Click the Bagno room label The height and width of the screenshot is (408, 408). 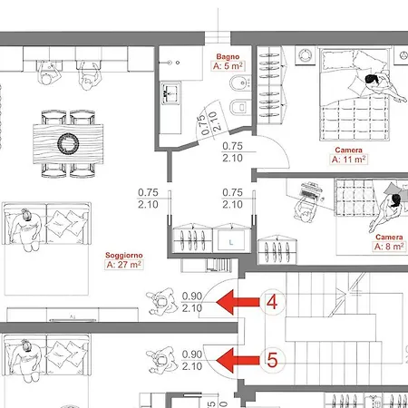228,56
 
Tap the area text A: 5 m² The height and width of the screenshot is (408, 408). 228,66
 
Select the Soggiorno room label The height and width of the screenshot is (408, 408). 124,256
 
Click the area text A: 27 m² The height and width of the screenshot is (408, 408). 124,265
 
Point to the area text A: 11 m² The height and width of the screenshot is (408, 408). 348,160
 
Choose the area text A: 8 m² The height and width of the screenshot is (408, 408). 389,247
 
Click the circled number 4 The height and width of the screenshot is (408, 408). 272,302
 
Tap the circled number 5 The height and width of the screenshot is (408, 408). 272,360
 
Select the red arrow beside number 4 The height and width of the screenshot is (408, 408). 238,302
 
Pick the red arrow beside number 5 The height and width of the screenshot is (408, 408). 238,360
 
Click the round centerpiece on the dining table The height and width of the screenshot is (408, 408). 68,143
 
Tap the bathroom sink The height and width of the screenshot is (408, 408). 170,93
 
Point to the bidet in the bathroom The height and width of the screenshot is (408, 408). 240,83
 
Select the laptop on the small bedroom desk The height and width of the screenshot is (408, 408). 310,191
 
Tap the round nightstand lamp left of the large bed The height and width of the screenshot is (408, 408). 305,55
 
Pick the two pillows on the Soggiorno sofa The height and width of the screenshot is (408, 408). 64,223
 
